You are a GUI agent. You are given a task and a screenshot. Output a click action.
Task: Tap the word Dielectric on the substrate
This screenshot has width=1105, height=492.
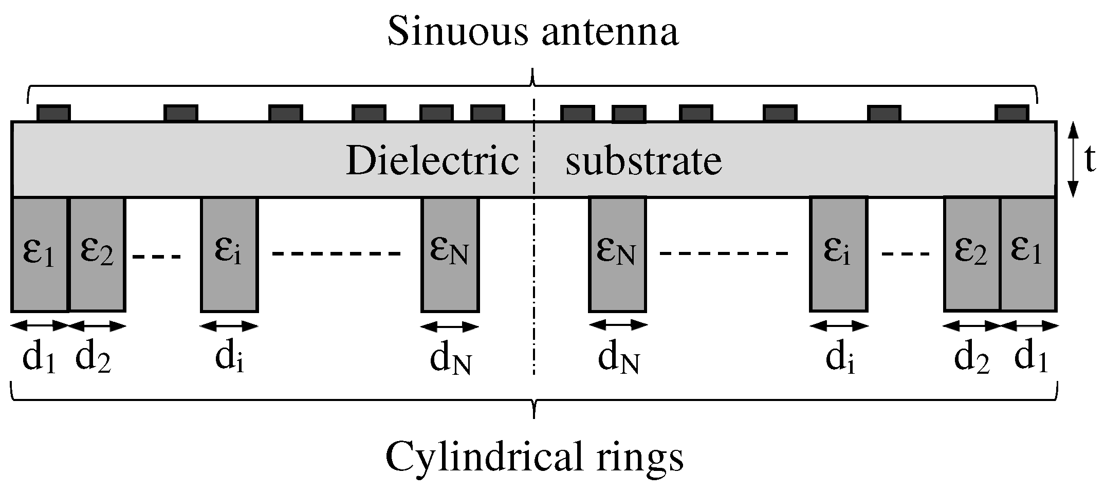[432, 161]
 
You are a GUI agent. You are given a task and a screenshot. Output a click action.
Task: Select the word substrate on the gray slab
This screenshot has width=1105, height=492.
[643, 161]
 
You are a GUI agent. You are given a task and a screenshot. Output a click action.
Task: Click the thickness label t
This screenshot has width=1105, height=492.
[1089, 161]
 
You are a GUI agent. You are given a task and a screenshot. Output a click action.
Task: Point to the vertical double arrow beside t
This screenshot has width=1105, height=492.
[1073, 159]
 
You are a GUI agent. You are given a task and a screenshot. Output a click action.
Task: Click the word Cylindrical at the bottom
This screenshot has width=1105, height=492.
[476, 457]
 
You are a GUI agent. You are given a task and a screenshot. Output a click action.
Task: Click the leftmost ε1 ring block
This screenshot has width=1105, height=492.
[40, 254]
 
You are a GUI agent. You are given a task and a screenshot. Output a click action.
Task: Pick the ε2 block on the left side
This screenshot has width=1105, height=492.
[98, 254]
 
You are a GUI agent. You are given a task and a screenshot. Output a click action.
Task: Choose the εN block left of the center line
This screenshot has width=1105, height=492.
[450, 254]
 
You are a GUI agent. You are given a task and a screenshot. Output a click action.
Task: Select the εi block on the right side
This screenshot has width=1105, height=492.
[838, 254]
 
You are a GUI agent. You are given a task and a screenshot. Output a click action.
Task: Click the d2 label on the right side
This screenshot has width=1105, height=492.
[971, 357]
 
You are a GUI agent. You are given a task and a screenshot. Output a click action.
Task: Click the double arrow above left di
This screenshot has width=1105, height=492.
[229, 325]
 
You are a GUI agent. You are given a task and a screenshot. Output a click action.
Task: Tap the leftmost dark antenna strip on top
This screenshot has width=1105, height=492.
[53, 113]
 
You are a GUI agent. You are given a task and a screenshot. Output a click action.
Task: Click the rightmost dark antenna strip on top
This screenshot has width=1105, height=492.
[1011, 113]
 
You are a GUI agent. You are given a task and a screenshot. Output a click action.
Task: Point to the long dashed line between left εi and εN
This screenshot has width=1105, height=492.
[337, 253]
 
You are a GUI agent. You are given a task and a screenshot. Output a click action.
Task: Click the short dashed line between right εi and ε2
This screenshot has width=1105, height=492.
[905, 253]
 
